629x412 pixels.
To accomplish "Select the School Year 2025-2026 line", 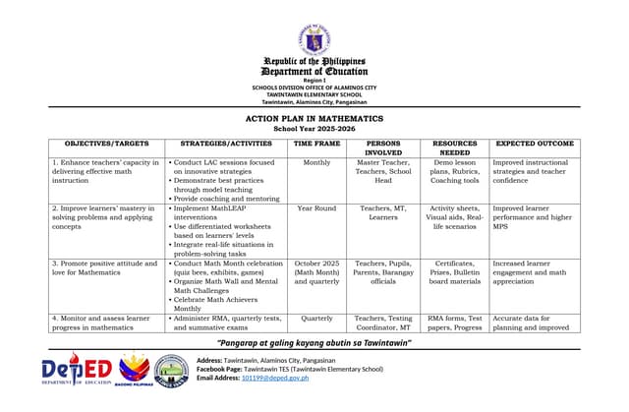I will tap(314, 129).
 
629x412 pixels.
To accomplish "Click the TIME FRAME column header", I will tap(317, 144).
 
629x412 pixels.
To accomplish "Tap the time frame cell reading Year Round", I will tap(316, 208).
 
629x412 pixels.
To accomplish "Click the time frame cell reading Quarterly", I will tap(316, 319).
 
